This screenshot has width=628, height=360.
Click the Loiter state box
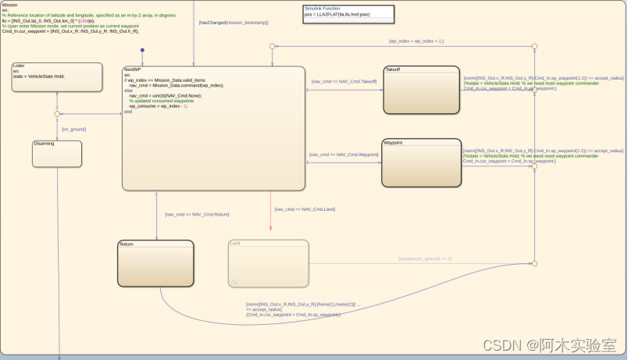[x=57, y=77]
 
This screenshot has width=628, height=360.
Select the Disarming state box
[x=57, y=154]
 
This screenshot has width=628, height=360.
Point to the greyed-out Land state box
[x=268, y=263]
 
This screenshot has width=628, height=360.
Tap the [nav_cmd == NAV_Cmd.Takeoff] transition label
[x=344, y=81]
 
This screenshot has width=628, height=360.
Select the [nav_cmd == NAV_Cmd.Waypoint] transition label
[x=343, y=155]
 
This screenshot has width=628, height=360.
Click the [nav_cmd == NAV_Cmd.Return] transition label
[x=197, y=214]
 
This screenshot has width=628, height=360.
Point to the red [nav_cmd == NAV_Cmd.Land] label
[x=305, y=209]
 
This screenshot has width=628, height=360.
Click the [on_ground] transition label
[x=74, y=129]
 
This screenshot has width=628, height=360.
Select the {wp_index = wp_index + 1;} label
[x=416, y=41]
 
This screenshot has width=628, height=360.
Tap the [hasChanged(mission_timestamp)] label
[x=234, y=23]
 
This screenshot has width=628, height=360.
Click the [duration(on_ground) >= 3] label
[x=424, y=258]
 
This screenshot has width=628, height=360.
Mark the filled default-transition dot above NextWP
[x=142, y=51]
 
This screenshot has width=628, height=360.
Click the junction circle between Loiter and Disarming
[x=57, y=114]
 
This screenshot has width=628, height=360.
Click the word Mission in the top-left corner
[x=10, y=5]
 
